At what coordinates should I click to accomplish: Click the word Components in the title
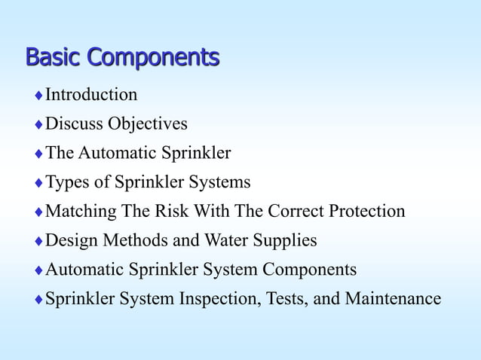[x=153, y=58]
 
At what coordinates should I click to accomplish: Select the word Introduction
[x=91, y=95]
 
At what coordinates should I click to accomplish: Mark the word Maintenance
[x=393, y=299]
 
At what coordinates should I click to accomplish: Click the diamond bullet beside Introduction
[x=38, y=96]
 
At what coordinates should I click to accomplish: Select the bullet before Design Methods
[x=38, y=242]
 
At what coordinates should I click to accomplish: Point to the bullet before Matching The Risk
[x=38, y=212]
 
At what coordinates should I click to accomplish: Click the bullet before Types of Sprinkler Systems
[x=38, y=183]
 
